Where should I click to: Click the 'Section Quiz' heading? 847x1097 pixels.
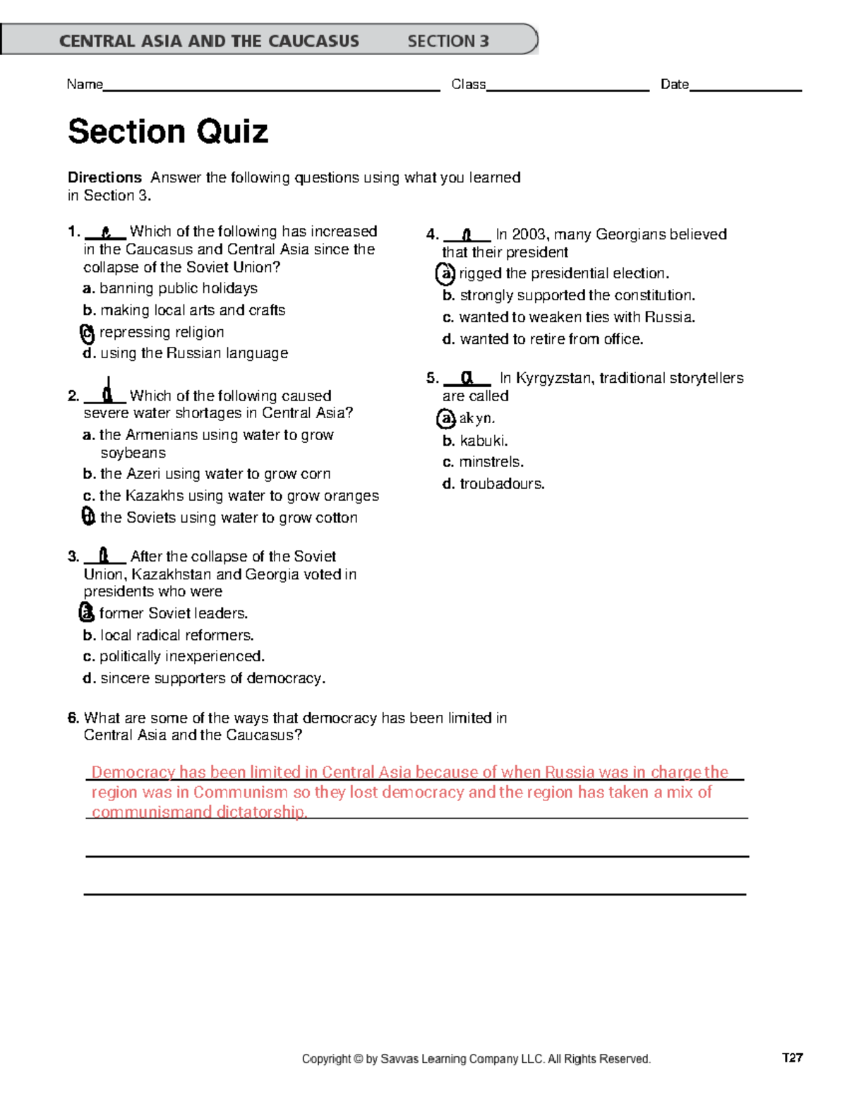[168, 131]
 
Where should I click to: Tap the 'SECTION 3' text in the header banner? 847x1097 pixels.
[447, 41]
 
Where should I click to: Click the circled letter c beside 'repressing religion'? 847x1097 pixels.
[88, 333]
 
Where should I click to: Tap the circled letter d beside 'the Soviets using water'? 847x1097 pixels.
[88, 517]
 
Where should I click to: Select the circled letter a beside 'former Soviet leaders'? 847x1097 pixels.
[87, 612]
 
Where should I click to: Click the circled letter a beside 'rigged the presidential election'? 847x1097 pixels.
[445, 273]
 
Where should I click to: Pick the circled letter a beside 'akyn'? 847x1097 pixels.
[446, 419]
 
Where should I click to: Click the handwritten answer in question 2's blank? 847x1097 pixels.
[107, 391]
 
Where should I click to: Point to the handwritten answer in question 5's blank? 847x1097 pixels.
[467, 379]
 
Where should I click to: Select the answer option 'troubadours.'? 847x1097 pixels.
[502, 484]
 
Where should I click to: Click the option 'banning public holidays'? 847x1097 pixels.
[178, 288]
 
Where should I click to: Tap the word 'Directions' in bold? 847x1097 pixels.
[104, 177]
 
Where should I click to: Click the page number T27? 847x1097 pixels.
[792, 1057]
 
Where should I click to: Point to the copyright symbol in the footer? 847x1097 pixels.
[358, 1059]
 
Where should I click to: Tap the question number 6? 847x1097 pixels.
[73, 718]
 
